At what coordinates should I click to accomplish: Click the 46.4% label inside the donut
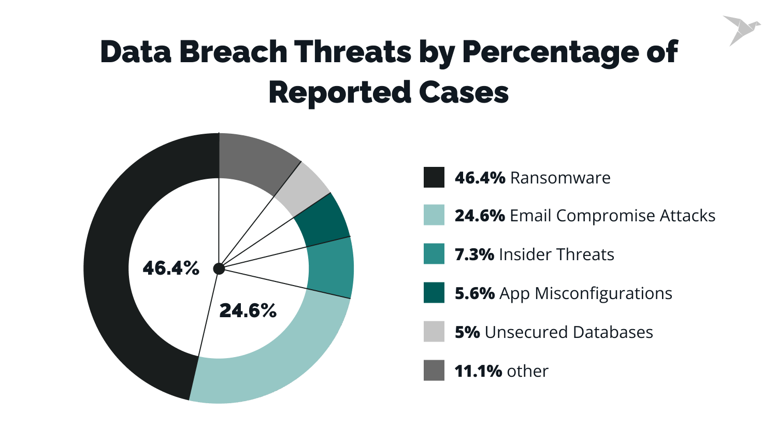click(x=171, y=268)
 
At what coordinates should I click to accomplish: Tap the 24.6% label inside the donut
click(x=248, y=310)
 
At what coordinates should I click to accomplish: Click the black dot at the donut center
click(x=219, y=268)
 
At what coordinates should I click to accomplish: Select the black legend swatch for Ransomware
click(x=434, y=177)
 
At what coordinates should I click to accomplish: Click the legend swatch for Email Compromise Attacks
click(x=434, y=215)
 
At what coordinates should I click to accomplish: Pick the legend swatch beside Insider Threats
click(x=434, y=254)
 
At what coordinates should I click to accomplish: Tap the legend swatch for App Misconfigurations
click(x=434, y=293)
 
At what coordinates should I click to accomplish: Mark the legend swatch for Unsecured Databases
click(x=434, y=332)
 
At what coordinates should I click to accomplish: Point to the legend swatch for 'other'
click(x=434, y=371)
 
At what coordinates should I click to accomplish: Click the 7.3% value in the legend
click(x=474, y=254)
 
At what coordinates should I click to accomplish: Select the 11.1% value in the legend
click(x=478, y=371)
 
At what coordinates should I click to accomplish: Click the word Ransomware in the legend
click(x=560, y=178)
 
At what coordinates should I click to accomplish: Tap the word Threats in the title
click(x=353, y=52)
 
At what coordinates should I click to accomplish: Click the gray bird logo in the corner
click(x=741, y=30)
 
